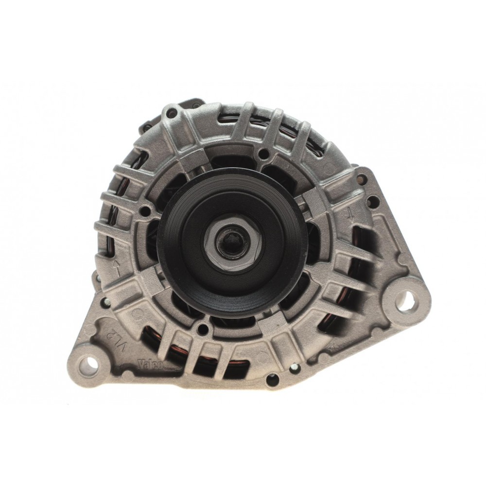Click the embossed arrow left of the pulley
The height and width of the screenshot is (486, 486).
117,265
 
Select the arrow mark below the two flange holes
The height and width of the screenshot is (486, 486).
349,213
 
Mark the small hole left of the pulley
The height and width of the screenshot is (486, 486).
144,211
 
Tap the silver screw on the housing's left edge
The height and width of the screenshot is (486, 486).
104,302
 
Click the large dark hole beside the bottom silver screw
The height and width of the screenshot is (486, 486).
273,380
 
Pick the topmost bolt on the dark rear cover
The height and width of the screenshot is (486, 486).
195,104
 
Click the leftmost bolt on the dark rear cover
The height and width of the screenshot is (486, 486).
145,127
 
